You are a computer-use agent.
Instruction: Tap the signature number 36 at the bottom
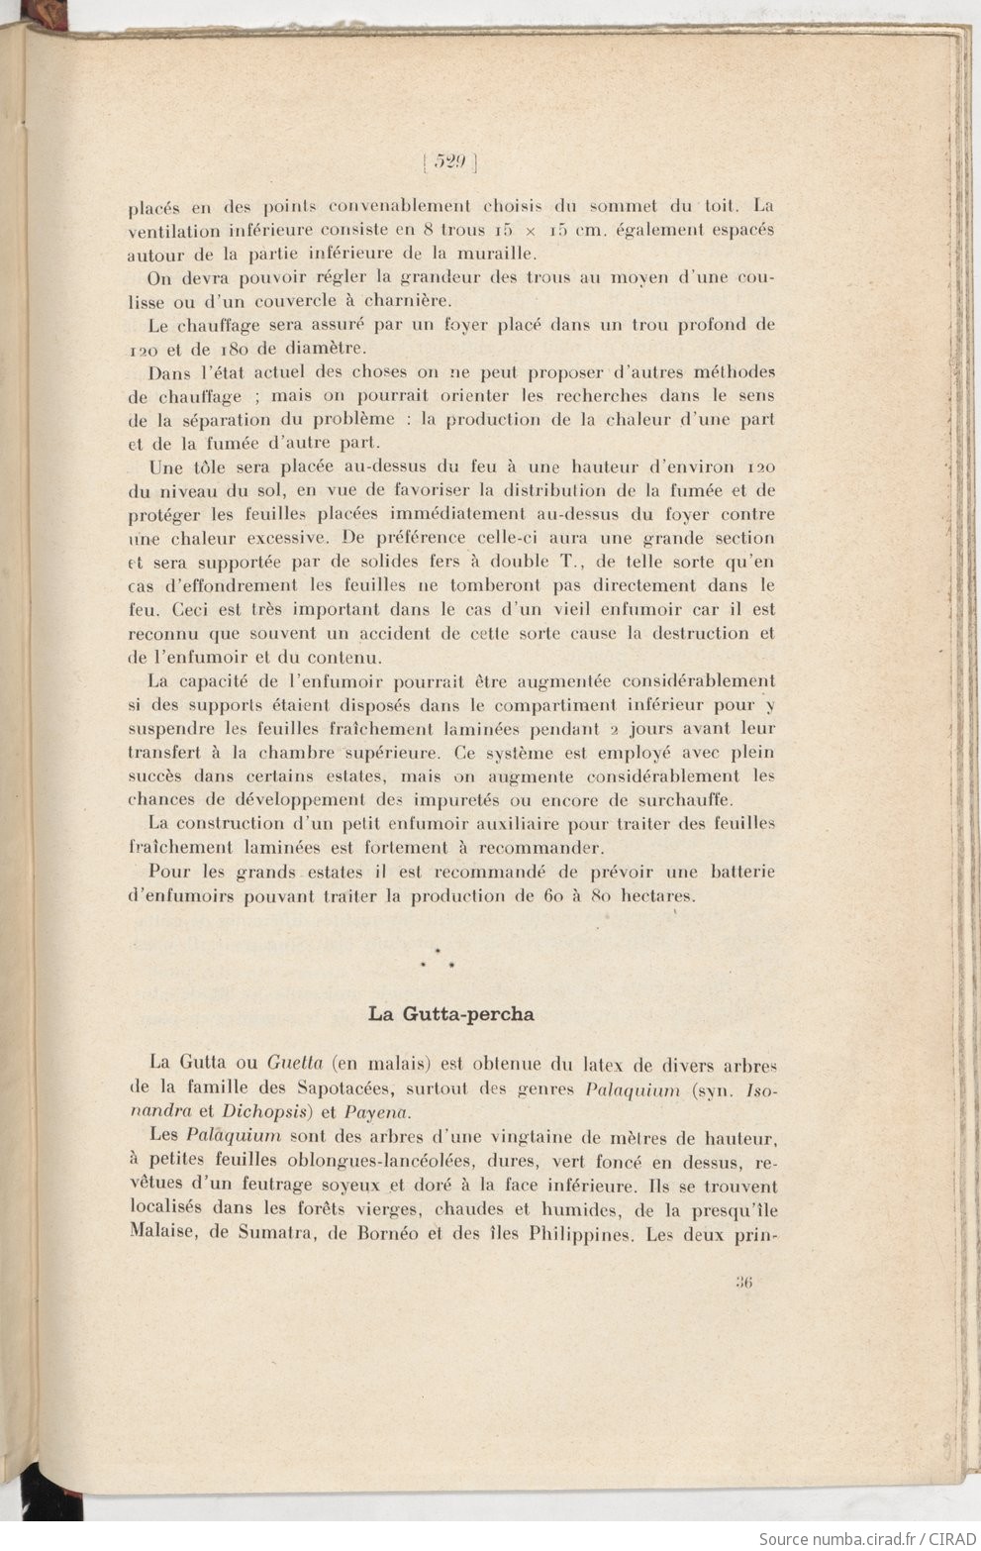[x=744, y=1281]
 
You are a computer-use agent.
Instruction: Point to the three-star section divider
[x=437, y=957]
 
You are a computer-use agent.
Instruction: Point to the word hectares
[x=656, y=895]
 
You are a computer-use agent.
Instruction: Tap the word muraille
[x=493, y=253]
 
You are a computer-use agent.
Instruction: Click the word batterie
[x=738, y=872]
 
